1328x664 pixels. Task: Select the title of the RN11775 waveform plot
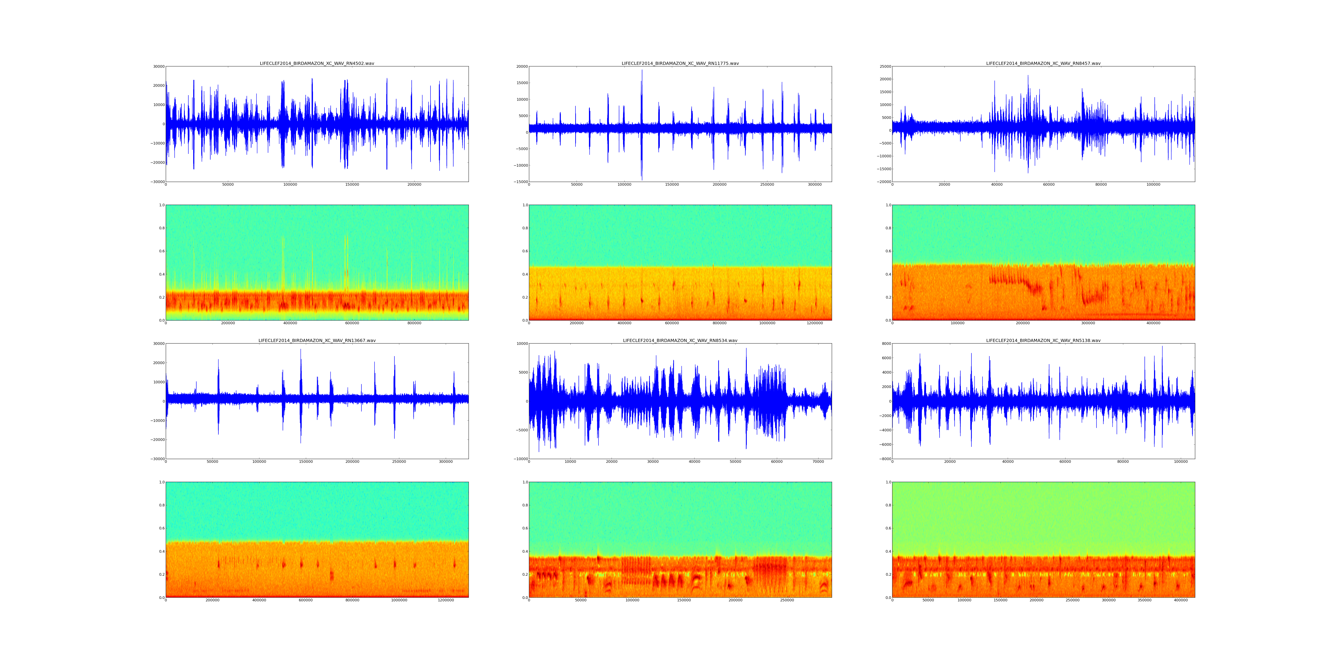[680, 63]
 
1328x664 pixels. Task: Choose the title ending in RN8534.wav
[680, 340]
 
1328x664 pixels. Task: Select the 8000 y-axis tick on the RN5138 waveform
[885, 343]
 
